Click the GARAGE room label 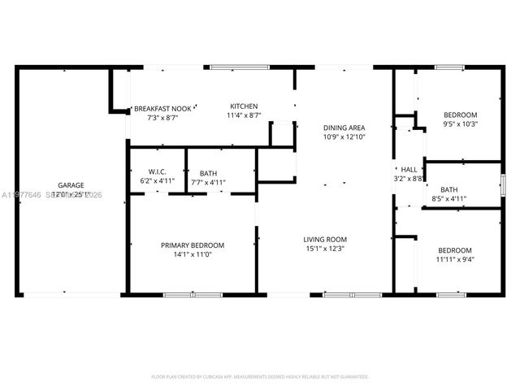(71, 185)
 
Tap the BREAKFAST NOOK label (162, 108)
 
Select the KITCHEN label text (244, 107)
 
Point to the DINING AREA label (344, 128)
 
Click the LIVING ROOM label (325, 239)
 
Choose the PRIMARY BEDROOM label (192, 245)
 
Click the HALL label (409, 169)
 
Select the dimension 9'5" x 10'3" (460, 124)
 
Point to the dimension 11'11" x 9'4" (454, 260)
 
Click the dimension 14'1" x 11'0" (192, 255)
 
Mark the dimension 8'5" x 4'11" (449, 197)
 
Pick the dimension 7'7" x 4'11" (208, 182)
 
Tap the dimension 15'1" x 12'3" (325, 249)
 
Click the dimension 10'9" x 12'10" (344, 137)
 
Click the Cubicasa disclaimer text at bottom (260, 376)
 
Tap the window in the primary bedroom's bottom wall (181, 293)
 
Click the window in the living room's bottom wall (341, 293)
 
